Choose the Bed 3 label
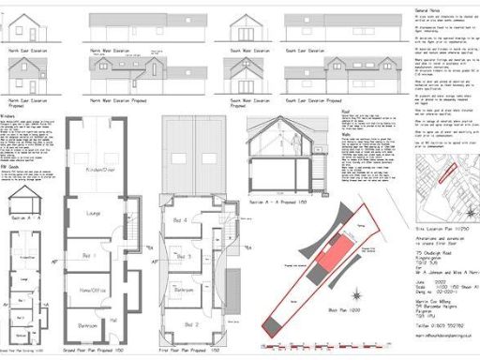click(186, 256)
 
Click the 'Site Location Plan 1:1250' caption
click(440, 230)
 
